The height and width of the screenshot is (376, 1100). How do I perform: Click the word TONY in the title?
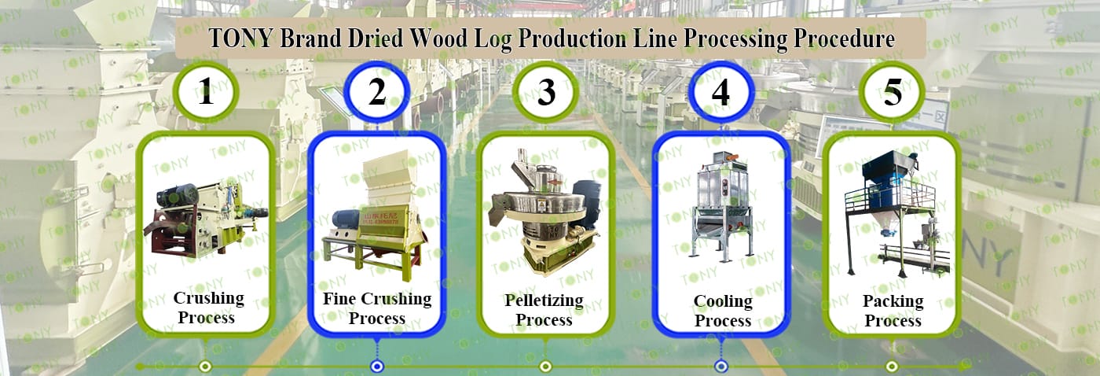pyautogui.click(x=240, y=39)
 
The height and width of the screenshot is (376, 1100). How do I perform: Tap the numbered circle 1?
pyautogui.click(x=206, y=91)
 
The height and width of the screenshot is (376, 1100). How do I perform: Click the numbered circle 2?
pyautogui.click(x=376, y=91)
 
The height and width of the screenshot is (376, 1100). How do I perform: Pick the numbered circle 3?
pyautogui.click(x=546, y=91)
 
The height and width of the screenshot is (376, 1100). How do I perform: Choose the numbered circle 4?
pyautogui.click(x=720, y=91)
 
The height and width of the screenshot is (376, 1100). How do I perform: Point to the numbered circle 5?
pyautogui.click(x=893, y=91)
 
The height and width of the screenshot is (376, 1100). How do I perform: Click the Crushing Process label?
pyautogui.click(x=208, y=308)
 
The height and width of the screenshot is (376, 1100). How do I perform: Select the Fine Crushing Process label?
pyautogui.click(x=377, y=308)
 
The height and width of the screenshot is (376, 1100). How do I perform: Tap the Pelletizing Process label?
pyautogui.click(x=544, y=310)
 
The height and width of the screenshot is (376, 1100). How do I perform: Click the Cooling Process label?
pyautogui.click(x=723, y=311)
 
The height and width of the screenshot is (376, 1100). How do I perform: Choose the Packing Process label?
pyautogui.click(x=893, y=311)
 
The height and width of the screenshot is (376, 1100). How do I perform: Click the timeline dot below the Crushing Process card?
pyautogui.click(x=206, y=367)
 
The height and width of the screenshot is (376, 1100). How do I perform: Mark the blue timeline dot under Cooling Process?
pyautogui.click(x=721, y=367)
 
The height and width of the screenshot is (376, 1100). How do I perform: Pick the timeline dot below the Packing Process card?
pyautogui.click(x=893, y=367)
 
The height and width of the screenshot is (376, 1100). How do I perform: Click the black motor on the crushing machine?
pyautogui.click(x=178, y=195)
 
